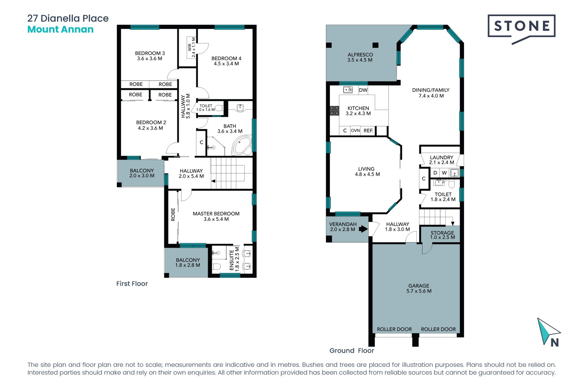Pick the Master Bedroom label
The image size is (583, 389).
tap(216, 214)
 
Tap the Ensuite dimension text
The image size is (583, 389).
tap(237, 259)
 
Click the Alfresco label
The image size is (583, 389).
tap(360, 55)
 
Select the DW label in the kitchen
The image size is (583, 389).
tap(363, 90)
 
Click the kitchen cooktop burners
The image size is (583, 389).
tap(334, 111)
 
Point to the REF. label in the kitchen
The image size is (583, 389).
tap(368, 130)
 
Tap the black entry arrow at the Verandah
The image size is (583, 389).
tap(363, 229)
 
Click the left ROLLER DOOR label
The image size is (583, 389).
tap(394, 329)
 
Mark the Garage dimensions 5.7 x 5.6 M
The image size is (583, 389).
tap(419, 291)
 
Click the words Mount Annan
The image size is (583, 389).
tap(60, 29)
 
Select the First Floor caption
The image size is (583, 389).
tap(132, 284)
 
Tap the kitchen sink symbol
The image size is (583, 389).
tap(348, 90)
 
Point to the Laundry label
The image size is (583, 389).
tap(442, 157)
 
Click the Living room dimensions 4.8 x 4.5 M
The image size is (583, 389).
tap(367, 174)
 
